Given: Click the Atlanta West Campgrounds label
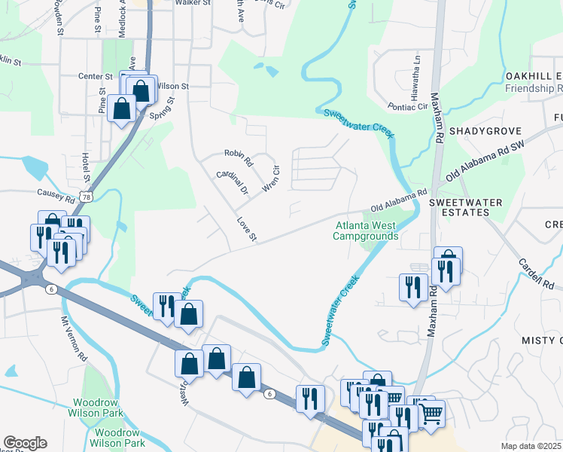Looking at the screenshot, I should tap(366, 231).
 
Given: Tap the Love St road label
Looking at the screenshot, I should tap(247, 231).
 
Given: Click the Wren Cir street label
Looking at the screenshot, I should tap(270, 177).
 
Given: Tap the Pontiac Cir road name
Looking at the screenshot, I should tap(406, 107).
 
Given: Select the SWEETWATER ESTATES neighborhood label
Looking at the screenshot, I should tap(459, 208).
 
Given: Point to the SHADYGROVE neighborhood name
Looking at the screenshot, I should tap(480, 131).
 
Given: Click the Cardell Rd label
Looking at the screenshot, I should tap(537, 275).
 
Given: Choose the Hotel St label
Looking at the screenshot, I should tap(85, 167).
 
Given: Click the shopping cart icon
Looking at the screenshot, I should tap(431, 413).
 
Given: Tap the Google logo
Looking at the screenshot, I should tap(25, 443).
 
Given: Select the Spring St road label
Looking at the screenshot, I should tap(161, 109).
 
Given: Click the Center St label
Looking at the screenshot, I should tap(95, 76).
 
